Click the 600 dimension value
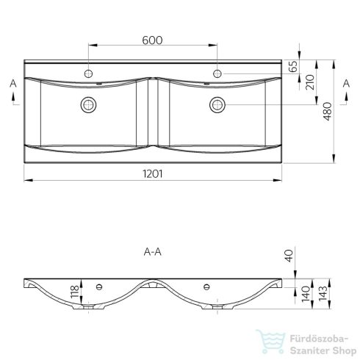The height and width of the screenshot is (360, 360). [x=152, y=40]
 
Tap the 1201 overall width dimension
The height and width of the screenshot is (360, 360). [x=153, y=174]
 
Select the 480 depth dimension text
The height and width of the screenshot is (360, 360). [x=328, y=112]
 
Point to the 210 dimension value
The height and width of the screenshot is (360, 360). [x=310, y=82]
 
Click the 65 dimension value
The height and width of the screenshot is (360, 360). [x=293, y=66]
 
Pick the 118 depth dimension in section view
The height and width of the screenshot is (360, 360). [x=75, y=292]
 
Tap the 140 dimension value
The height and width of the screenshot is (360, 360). [x=306, y=294]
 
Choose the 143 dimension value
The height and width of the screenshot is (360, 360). [x=323, y=293]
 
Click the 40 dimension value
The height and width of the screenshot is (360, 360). [x=289, y=256]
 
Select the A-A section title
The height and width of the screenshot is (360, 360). [x=153, y=252]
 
